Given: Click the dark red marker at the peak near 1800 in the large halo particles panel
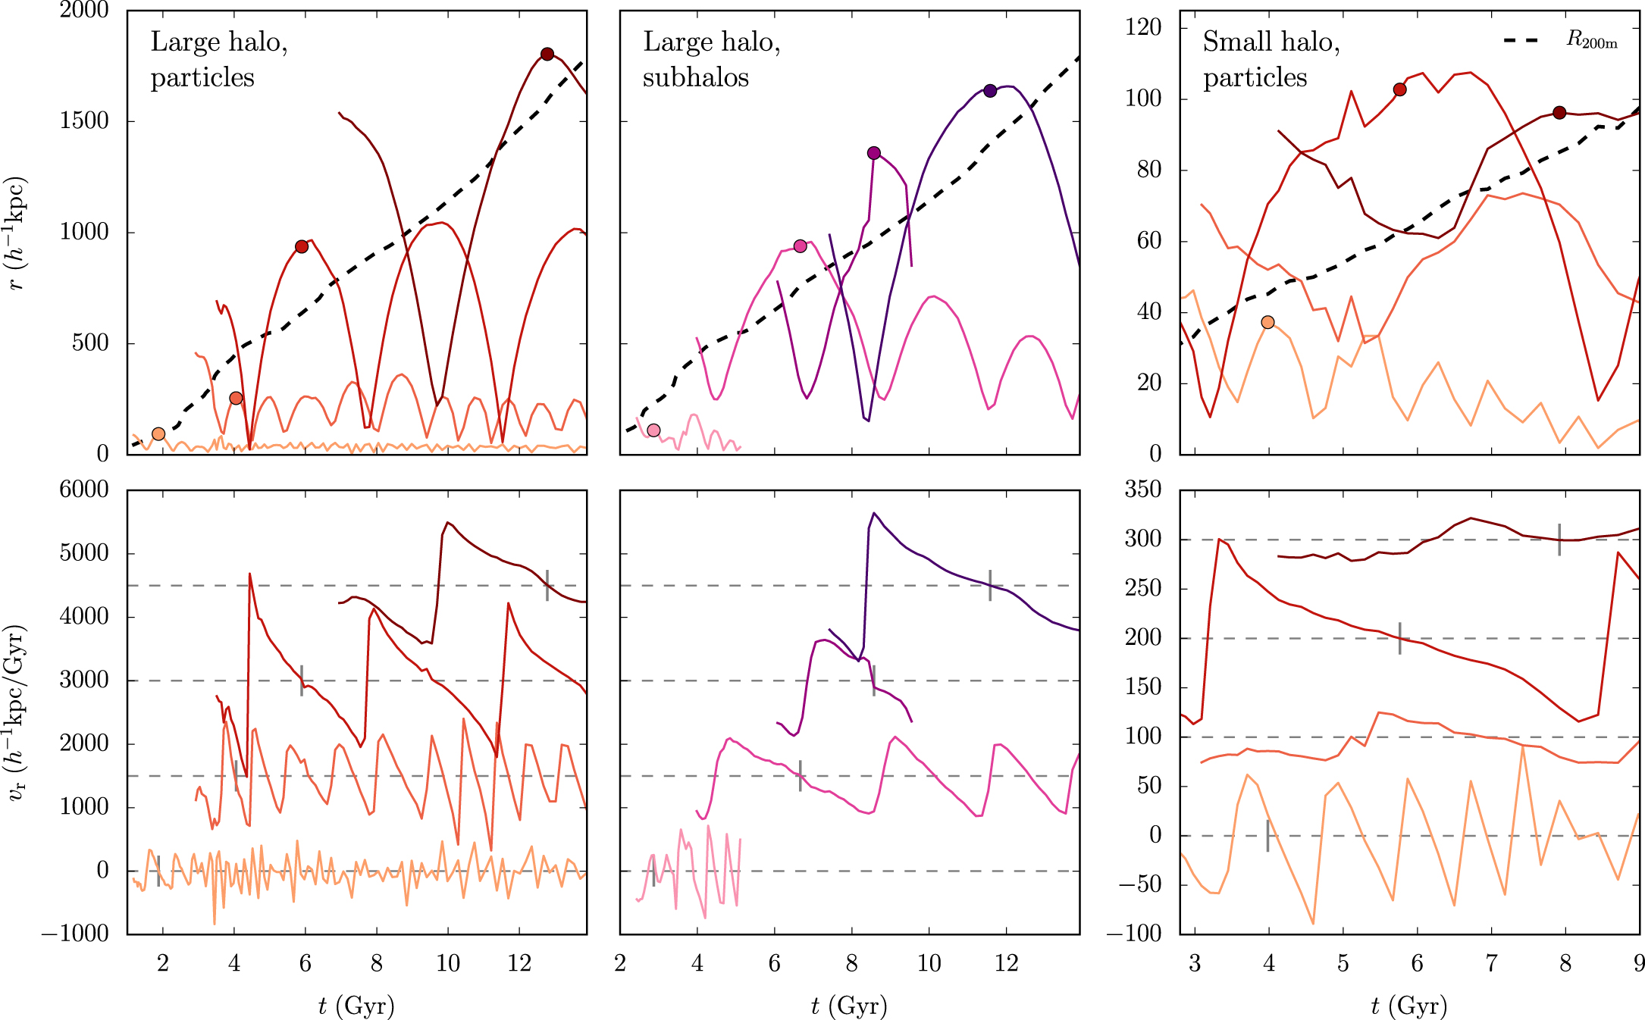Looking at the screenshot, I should [x=547, y=54].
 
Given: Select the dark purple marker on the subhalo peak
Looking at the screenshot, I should [x=989, y=91].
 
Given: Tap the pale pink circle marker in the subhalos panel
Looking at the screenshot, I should [x=653, y=430].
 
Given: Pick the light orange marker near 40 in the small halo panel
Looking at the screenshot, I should [x=1267, y=322].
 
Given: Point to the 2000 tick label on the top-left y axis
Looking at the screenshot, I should [x=84, y=11].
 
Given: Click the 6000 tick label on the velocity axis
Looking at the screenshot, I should [x=84, y=490].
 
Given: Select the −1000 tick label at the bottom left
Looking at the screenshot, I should [x=75, y=934].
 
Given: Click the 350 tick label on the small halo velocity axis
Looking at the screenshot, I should [x=1143, y=490].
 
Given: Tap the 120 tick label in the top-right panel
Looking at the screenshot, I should [x=1143, y=28].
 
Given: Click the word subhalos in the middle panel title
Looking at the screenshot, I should [x=695, y=77].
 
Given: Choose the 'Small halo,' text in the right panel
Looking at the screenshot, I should [x=1271, y=42].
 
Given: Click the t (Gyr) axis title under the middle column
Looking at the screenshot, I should [x=849, y=1006].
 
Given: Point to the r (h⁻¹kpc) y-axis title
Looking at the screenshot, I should [x=17, y=233].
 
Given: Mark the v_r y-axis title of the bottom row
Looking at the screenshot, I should [x=17, y=712].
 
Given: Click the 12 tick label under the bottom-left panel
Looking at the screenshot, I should [x=519, y=964].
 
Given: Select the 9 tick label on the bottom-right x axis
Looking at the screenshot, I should [x=1639, y=964].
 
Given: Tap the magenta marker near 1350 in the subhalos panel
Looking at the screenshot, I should [x=874, y=153].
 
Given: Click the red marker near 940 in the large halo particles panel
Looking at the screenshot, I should [x=302, y=247].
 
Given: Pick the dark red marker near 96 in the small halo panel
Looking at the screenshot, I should [x=1559, y=113].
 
